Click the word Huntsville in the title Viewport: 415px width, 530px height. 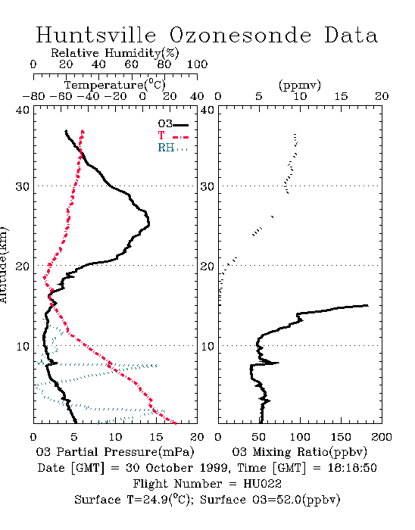96,35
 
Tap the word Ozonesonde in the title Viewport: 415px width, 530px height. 240,35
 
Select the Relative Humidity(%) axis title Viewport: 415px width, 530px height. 115,53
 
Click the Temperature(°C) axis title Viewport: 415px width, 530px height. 115,85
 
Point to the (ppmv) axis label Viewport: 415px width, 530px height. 300,85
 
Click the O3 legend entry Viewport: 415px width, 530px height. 173,124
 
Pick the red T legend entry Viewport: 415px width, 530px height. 173,136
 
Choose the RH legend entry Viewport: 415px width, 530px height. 173,148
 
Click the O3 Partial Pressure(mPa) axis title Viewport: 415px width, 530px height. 115,452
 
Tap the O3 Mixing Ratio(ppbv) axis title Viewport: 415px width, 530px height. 300,452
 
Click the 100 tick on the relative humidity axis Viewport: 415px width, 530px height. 197,64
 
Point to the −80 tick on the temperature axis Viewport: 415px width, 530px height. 33,96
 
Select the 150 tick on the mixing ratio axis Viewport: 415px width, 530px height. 341,437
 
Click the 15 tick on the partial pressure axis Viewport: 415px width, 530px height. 156,437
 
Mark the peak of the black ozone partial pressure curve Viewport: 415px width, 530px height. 148,223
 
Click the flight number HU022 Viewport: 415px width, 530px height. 263,484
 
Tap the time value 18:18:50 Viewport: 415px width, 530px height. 352,468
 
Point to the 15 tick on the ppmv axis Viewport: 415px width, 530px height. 341,96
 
